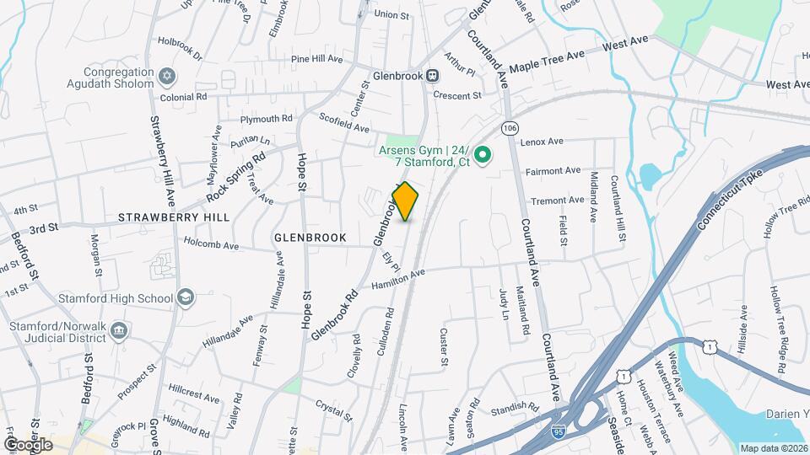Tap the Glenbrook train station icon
tap(433, 75)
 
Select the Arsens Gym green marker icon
tap(483, 154)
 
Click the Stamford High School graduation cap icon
tap(186, 297)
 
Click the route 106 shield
tap(508, 127)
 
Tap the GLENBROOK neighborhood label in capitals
tap(310, 238)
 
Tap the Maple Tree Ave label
tap(547, 59)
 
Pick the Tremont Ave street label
tap(557, 201)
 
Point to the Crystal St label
tap(332, 409)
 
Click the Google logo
tap(28, 444)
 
